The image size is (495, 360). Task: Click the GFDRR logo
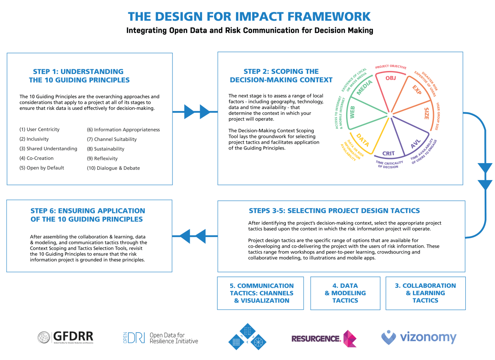[x=66, y=337]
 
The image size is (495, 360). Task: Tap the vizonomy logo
[x=419, y=337]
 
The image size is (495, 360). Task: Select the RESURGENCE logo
[x=324, y=338]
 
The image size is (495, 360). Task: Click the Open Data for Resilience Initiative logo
[x=160, y=338]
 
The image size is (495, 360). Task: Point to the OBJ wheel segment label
[x=390, y=78]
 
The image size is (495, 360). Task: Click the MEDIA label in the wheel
[x=364, y=88]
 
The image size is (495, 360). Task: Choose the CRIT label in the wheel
[x=388, y=154]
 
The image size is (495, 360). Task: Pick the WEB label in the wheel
[x=353, y=113]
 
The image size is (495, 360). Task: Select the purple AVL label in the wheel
[x=415, y=144]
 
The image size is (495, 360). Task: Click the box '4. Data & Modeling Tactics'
[x=345, y=293]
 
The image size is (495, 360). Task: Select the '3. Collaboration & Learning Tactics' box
[x=425, y=293]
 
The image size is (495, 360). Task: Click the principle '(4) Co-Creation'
[x=36, y=158]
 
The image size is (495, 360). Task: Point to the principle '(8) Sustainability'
[x=106, y=149]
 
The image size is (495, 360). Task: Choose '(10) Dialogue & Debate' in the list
[x=113, y=168]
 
